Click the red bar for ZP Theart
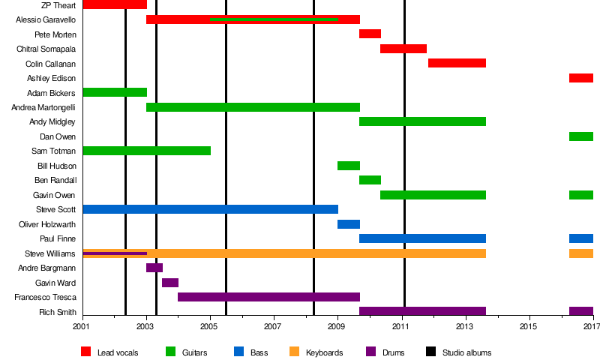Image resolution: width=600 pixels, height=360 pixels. pyautogui.click(x=115, y=4)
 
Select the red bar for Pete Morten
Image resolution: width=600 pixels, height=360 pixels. pyautogui.click(x=370, y=34)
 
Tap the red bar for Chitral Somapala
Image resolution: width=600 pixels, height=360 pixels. pyautogui.click(x=403, y=49)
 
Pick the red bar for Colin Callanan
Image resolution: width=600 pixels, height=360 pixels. pyautogui.click(x=457, y=63)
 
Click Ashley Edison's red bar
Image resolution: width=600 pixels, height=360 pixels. pyautogui.click(x=581, y=78)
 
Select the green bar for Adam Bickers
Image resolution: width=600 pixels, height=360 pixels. pyautogui.click(x=115, y=92)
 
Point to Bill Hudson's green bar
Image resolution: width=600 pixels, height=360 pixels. pyautogui.click(x=349, y=166)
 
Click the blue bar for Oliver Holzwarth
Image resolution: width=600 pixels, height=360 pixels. pyautogui.click(x=349, y=224)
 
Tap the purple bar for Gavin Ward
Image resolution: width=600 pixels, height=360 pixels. pyautogui.click(x=170, y=283)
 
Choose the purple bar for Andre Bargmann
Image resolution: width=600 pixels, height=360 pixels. pyautogui.click(x=154, y=268)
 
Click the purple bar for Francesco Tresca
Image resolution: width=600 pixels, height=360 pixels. pyautogui.click(x=268, y=297)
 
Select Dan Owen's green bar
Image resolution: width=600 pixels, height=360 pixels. pyautogui.click(x=581, y=136)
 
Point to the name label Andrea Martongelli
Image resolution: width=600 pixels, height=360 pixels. pyautogui.click(x=43, y=107)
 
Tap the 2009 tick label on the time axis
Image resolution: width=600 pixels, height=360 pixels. pyautogui.click(x=337, y=327)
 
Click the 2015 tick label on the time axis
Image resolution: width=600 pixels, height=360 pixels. pyautogui.click(x=529, y=327)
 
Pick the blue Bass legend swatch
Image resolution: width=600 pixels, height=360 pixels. pyautogui.click(x=239, y=352)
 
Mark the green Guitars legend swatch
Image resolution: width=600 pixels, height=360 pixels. pyautogui.click(x=170, y=352)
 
